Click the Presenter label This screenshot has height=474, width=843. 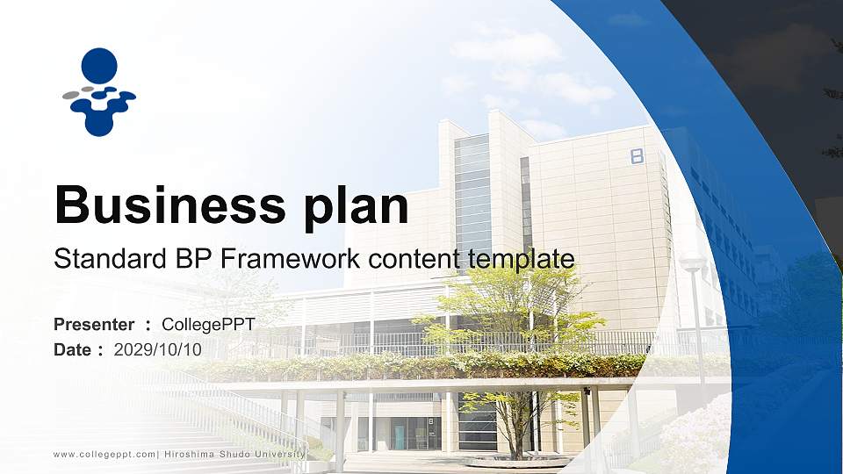[x=94, y=325]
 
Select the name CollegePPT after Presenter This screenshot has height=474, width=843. [x=209, y=325]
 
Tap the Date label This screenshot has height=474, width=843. [x=73, y=349]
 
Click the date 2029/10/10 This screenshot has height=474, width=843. [x=158, y=349]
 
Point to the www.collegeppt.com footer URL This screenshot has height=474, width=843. [x=104, y=454]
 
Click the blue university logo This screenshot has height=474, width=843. [x=99, y=92]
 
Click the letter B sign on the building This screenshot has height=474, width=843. [x=637, y=156]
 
